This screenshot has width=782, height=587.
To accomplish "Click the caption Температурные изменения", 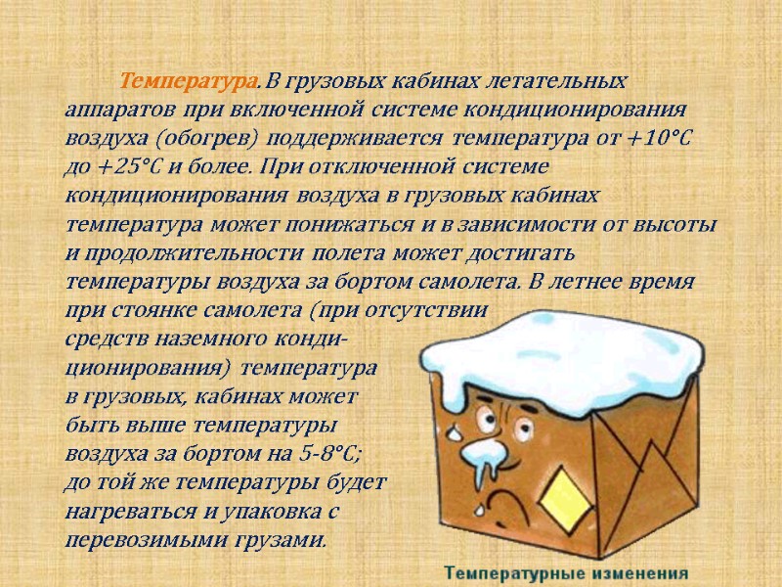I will pos(567,572).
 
